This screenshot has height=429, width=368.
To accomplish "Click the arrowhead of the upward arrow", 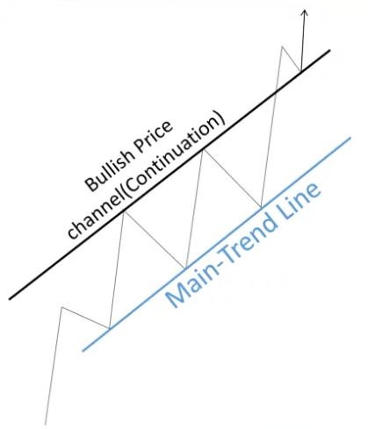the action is click(305, 12).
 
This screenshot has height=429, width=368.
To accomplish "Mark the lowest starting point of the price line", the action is click(46, 425).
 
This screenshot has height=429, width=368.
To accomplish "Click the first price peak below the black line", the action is click(61, 307).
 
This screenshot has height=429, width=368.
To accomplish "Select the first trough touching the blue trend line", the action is click(109, 329).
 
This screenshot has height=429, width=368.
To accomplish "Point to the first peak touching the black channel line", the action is click(124, 211).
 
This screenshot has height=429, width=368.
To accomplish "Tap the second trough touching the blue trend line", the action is click(185, 268).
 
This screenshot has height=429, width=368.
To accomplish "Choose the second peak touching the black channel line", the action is click(203, 150).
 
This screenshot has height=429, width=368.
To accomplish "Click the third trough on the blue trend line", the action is click(261, 207).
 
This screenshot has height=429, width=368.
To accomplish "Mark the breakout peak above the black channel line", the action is click(282, 46).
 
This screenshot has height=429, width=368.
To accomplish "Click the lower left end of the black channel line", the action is click(10, 299).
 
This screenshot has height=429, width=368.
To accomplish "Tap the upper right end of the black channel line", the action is click(329, 50).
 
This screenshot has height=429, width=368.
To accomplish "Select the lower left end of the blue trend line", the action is click(83, 350).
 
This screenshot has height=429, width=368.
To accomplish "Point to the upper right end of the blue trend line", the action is click(350, 138).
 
